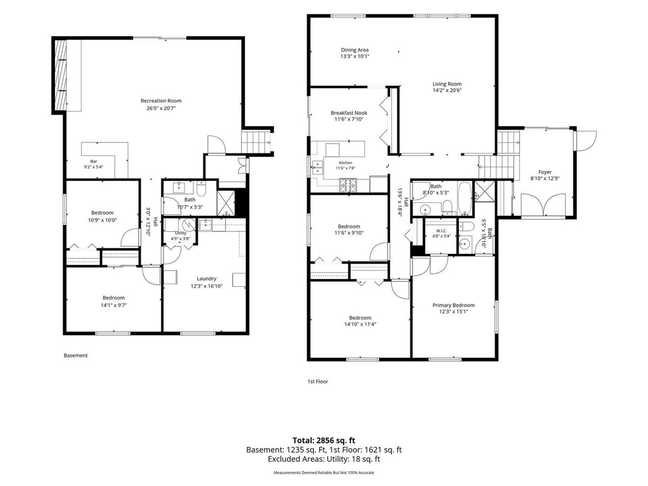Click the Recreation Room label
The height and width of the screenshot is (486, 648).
point(161,100)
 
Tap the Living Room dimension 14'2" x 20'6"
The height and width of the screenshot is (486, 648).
point(447,90)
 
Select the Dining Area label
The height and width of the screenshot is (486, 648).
point(355,50)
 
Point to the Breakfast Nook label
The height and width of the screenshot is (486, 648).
point(349,113)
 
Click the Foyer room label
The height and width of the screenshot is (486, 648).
point(545,172)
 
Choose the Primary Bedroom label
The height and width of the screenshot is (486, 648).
point(454,305)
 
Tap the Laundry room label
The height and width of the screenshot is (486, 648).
point(206,279)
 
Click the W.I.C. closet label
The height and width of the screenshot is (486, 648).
point(441,231)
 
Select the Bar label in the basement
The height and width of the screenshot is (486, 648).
point(93,161)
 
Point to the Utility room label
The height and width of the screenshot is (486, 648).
point(181,233)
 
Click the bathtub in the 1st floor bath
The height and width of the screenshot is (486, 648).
point(465,198)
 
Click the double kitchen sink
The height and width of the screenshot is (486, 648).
point(318,167)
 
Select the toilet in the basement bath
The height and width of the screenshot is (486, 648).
point(201,189)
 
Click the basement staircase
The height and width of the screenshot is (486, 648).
point(255,142)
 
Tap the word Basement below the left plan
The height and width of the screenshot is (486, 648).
point(76,355)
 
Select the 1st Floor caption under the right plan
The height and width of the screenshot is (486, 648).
point(318,381)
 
